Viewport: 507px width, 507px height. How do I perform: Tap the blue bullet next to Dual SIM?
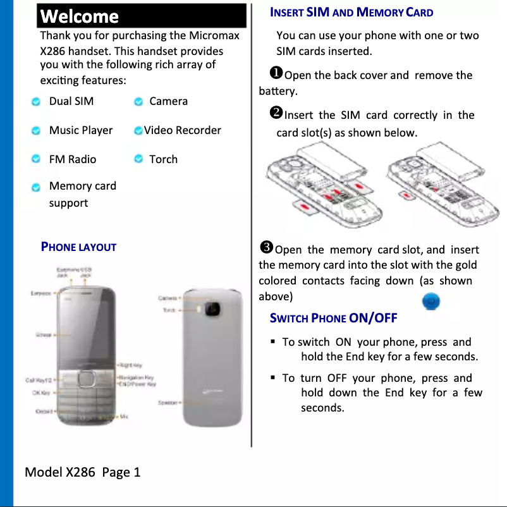(x=37, y=102)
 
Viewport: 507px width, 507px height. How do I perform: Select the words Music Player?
(x=81, y=130)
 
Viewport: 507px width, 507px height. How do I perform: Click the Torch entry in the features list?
(x=163, y=159)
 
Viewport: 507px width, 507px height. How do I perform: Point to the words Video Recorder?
(x=183, y=130)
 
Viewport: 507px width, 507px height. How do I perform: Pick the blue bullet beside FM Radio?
(x=37, y=159)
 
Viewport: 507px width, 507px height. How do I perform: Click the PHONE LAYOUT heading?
(x=78, y=247)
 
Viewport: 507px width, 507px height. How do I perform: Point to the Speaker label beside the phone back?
(x=168, y=402)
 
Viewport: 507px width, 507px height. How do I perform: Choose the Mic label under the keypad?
(x=125, y=416)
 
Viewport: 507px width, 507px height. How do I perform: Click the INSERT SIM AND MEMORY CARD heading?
(x=351, y=12)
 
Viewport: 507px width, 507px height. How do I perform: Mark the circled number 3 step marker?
(x=266, y=248)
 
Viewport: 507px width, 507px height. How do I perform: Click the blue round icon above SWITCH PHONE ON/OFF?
(x=431, y=302)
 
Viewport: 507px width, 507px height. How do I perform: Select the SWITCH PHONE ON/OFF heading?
(x=333, y=317)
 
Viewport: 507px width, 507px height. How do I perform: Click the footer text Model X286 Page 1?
(x=82, y=472)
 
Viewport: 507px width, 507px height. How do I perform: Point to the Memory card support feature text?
(x=82, y=194)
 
